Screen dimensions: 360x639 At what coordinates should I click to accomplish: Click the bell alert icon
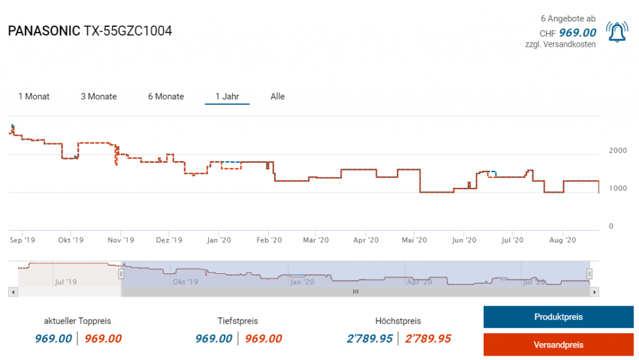pyautogui.click(x=617, y=32)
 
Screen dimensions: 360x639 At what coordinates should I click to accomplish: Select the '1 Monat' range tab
pyautogui.click(x=34, y=97)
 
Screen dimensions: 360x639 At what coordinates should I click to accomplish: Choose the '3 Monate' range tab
pyautogui.click(x=99, y=97)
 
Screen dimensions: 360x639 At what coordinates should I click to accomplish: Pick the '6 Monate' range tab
pyautogui.click(x=166, y=97)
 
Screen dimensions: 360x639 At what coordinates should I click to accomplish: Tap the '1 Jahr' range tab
pyautogui.click(x=227, y=97)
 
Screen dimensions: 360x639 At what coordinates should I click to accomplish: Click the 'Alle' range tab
pyautogui.click(x=278, y=97)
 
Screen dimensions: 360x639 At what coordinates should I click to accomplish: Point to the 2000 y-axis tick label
pyautogui.click(x=617, y=150)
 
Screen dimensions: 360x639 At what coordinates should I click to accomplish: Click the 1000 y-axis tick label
pyautogui.click(x=617, y=188)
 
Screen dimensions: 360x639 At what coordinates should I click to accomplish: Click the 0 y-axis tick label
pyautogui.click(x=611, y=226)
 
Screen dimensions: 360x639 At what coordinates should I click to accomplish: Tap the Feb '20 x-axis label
pyautogui.click(x=268, y=240)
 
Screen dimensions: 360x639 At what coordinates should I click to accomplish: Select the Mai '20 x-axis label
pyautogui.click(x=414, y=240)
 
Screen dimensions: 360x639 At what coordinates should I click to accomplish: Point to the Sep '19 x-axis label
pyautogui.click(x=23, y=240)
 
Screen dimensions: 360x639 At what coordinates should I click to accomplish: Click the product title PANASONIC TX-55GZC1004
pyautogui.click(x=90, y=31)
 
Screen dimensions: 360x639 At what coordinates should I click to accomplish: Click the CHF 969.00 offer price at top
pyautogui.click(x=577, y=33)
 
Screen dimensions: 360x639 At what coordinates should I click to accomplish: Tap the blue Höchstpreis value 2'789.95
pyautogui.click(x=369, y=339)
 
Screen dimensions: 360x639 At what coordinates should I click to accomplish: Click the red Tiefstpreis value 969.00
pyautogui.click(x=263, y=339)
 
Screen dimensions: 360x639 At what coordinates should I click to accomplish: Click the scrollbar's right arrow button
pyautogui.click(x=595, y=291)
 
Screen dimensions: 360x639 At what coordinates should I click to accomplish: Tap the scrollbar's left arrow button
pyautogui.click(x=12, y=291)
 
